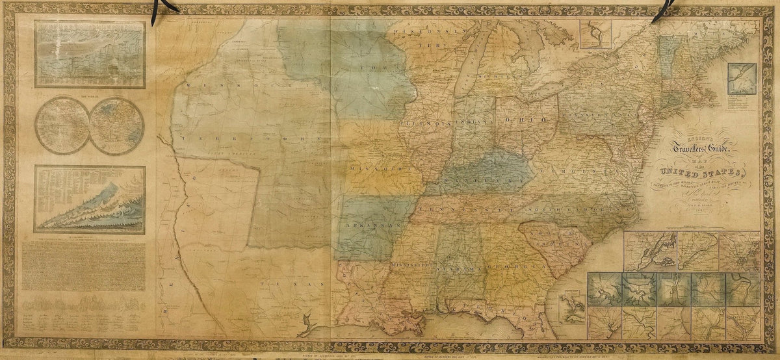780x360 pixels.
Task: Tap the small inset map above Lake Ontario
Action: [595, 34]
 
